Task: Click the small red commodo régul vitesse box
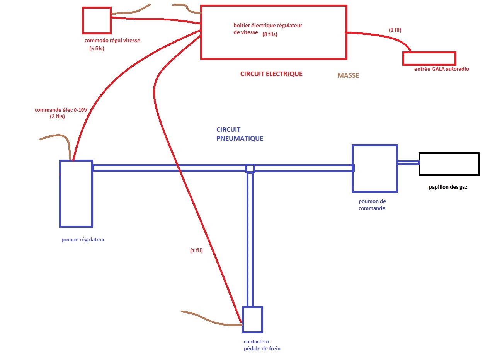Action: [x=97, y=20]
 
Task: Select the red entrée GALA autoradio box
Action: [x=429, y=58]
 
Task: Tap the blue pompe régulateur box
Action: [x=76, y=193]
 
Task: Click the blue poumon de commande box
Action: [x=374, y=169]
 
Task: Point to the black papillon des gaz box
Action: [x=449, y=165]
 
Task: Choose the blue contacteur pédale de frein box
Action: [x=252, y=320]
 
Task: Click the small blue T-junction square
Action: [x=250, y=169]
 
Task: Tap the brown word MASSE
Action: [x=348, y=76]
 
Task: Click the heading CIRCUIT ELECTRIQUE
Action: [x=271, y=74]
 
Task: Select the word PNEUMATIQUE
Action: [x=240, y=138]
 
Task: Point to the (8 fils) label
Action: [x=270, y=34]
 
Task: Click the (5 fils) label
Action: [x=97, y=49]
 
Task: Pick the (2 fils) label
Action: [x=57, y=116]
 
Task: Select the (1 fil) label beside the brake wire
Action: [x=196, y=250]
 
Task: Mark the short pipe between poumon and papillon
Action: [x=408, y=163]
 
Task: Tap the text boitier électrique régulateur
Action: [x=268, y=25]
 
